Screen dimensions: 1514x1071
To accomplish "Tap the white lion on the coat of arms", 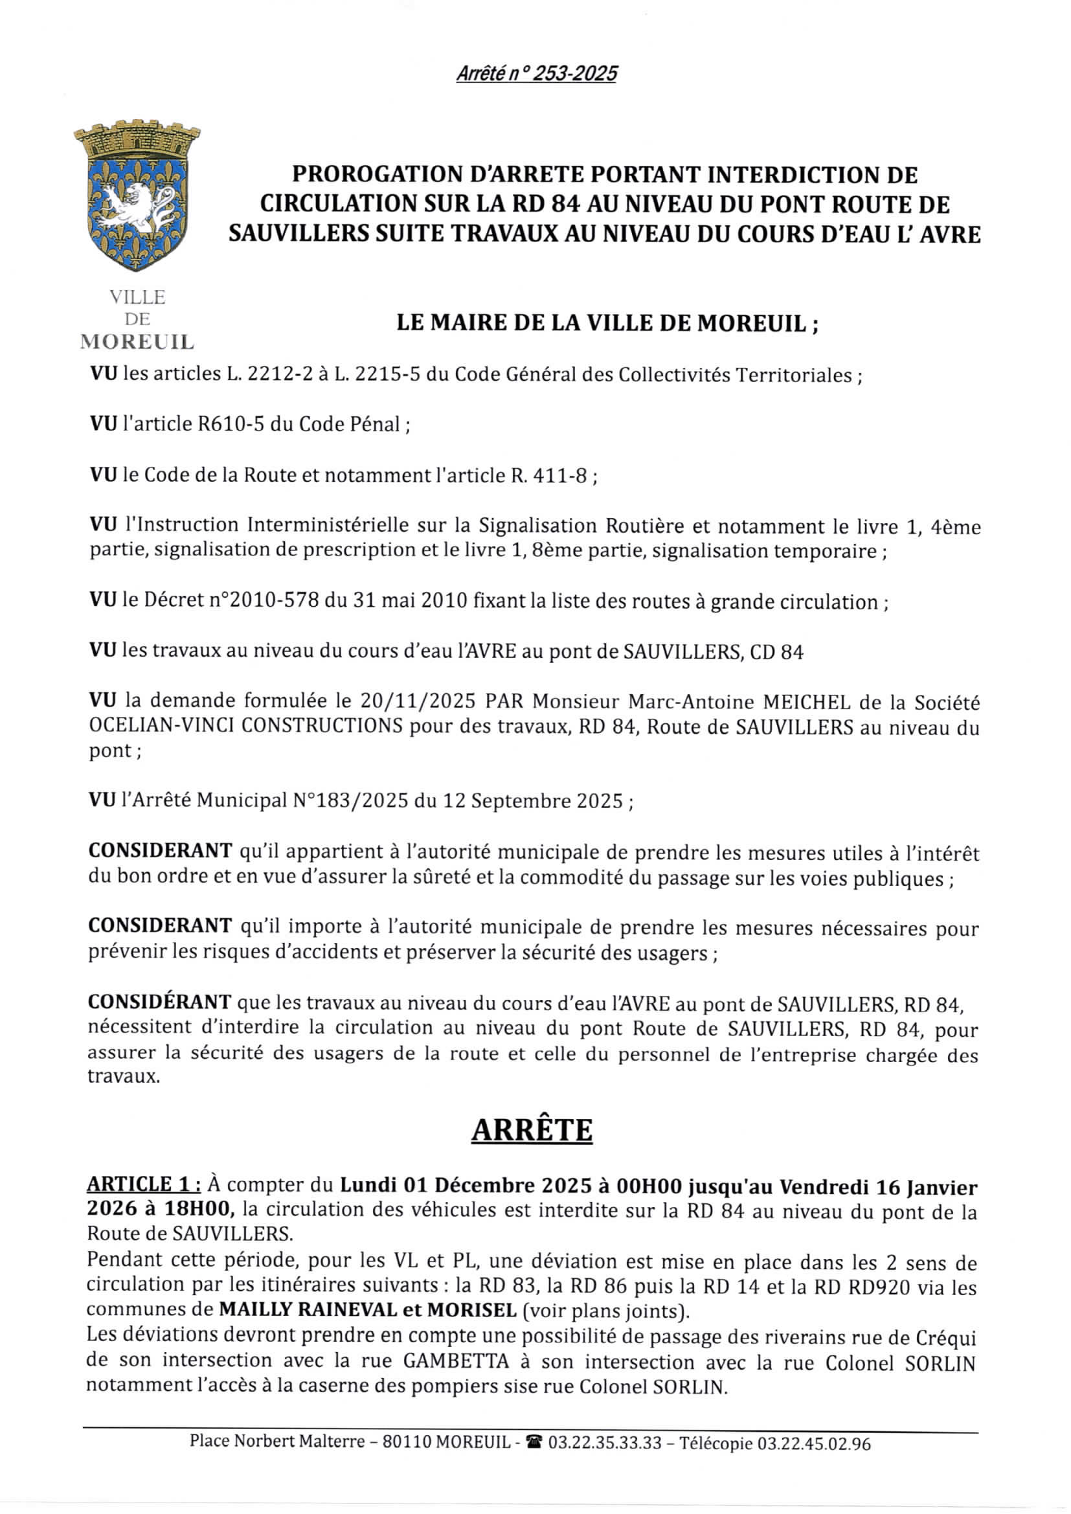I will (x=141, y=203).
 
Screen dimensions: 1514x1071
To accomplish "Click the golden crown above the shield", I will (x=137, y=139).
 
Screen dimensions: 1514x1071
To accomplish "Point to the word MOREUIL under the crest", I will (x=137, y=342).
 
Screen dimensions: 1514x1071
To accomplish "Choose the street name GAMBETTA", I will (x=457, y=1362).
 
